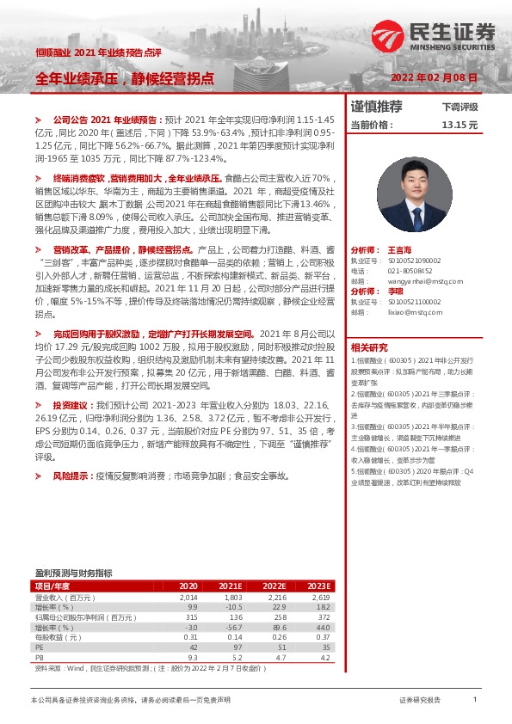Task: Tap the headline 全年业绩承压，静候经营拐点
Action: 124,78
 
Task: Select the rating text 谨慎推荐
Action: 377,107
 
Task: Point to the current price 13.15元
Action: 459,125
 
